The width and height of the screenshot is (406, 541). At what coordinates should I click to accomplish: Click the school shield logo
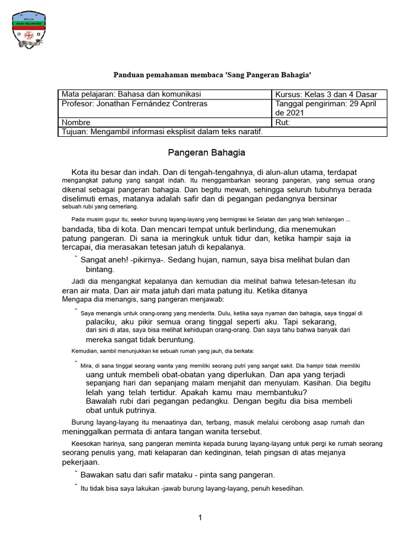click(x=29, y=32)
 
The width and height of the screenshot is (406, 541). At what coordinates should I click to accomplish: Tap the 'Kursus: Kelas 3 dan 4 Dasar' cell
click(x=326, y=95)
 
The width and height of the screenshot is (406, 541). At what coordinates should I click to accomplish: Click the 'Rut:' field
click(x=283, y=123)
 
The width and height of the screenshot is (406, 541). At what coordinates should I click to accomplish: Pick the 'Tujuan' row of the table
click(x=162, y=132)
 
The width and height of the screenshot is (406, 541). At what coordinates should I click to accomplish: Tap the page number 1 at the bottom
click(x=200, y=518)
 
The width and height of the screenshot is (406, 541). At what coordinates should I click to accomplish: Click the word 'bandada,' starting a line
click(x=79, y=229)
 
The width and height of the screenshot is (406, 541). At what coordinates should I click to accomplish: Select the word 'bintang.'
click(x=100, y=269)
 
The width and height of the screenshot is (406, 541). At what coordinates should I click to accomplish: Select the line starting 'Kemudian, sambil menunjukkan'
click(x=162, y=351)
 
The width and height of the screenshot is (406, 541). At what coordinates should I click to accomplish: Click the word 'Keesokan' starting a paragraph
click(x=86, y=444)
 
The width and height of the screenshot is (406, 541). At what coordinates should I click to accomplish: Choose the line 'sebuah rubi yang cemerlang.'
click(x=100, y=207)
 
